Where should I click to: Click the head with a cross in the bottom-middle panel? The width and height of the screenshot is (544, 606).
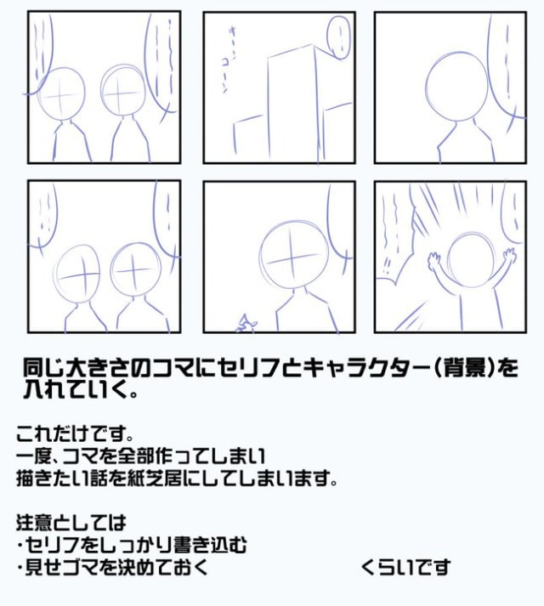point(290,256)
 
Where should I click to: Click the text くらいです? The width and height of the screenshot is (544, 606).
point(405,566)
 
